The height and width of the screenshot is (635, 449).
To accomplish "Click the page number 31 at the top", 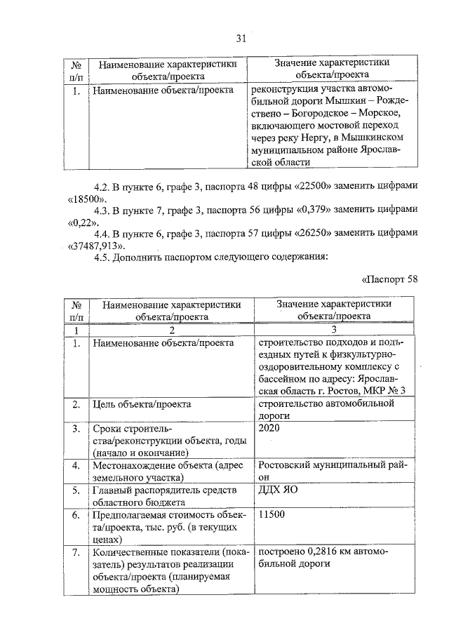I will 241,39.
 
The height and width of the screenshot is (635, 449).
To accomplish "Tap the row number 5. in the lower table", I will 76,491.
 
